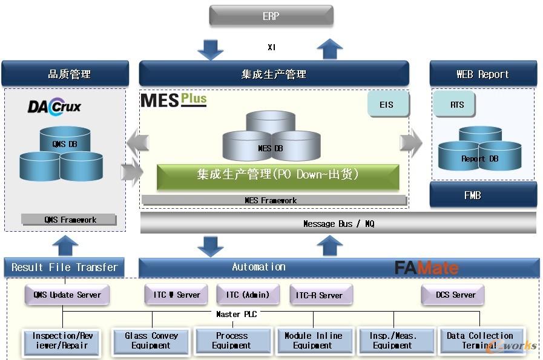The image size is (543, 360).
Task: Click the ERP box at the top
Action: point(271,16)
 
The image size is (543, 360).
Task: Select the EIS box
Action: point(387,105)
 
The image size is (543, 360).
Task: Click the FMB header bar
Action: point(482,195)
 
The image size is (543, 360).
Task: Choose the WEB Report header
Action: point(482,74)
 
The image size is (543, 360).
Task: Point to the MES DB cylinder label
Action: point(270,148)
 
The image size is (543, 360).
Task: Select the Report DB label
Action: point(479,159)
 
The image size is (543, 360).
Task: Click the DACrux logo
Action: point(54,107)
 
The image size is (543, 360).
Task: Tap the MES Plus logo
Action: point(174,100)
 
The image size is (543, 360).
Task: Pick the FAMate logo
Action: point(426,267)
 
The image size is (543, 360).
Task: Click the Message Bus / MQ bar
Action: point(338,223)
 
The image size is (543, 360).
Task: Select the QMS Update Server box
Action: point(67,295)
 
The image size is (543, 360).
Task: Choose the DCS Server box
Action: point(455,295)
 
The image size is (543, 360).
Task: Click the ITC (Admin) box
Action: point(248,295)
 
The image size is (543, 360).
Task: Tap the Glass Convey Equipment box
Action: point(151,341)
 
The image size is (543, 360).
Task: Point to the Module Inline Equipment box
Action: point(313,341)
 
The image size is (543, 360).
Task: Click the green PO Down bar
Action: point(277,175)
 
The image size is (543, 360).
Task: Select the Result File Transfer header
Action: point(65,267)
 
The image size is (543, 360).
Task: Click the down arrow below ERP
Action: point(210,49)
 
